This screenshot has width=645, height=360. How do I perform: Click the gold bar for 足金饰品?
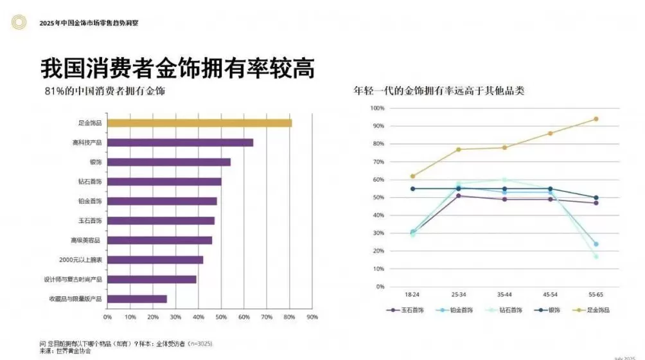[199, 123]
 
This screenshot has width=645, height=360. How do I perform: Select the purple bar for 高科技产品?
[180, 142]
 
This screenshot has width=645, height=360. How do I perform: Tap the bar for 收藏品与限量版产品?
[137, 299]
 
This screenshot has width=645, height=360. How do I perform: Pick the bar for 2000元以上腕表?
[155, 260]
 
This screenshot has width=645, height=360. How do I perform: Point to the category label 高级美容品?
[87, 240]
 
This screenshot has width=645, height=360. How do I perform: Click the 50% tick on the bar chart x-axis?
[221, 317]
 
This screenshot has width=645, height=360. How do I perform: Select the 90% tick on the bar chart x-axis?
[312, 317]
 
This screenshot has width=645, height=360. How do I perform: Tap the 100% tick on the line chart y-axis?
[377, 109]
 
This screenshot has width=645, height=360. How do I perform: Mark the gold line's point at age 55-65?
[596, 119]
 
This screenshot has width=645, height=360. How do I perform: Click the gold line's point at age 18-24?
[412, 176]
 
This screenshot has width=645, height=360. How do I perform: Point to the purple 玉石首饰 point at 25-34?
[458, 196]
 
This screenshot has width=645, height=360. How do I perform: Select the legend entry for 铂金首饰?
[452, 310]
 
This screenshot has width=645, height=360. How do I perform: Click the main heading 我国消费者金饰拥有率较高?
[177, 67]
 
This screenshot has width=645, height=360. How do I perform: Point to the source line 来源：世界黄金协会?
[66, 351]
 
